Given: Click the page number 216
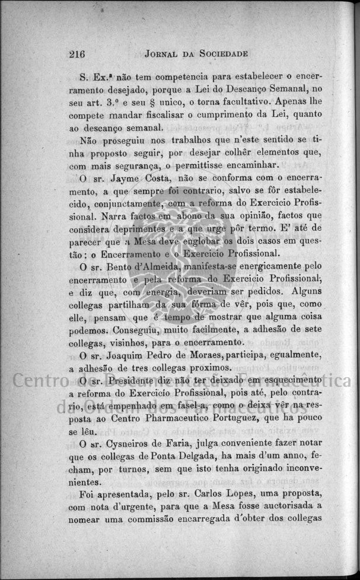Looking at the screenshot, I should click(x=77, y=54).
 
